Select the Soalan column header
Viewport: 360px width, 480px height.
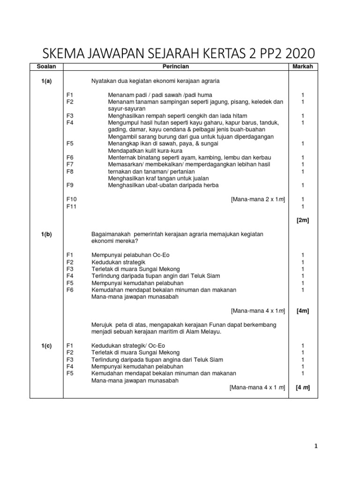point(46,67)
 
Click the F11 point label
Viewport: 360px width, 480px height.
point(71,206)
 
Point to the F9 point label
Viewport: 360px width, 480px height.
point(70,185)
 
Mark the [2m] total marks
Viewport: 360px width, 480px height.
point(303,220)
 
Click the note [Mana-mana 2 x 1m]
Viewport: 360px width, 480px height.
point(258,199)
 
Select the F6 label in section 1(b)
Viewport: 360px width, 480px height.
point(70,290)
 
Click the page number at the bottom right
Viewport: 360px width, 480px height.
point(316,446)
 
